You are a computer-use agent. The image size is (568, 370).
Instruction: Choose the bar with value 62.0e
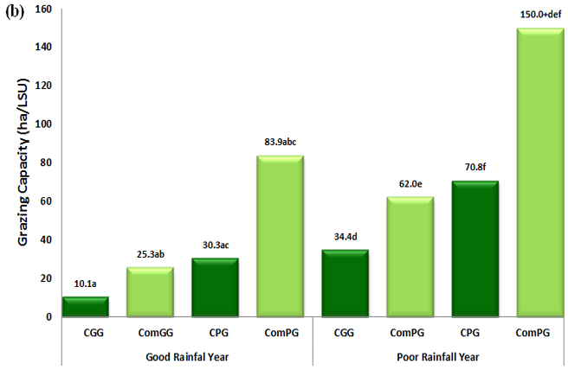pyautogui.click(x=409, y=257)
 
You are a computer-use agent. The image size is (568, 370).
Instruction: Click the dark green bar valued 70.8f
pyautogui.click(x=474, y=249)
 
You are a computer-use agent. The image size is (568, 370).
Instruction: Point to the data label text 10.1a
pyautogui.click(x=84, y=284)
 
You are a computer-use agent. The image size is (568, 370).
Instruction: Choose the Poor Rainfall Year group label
pyautogui.click(x=441, y=355)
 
